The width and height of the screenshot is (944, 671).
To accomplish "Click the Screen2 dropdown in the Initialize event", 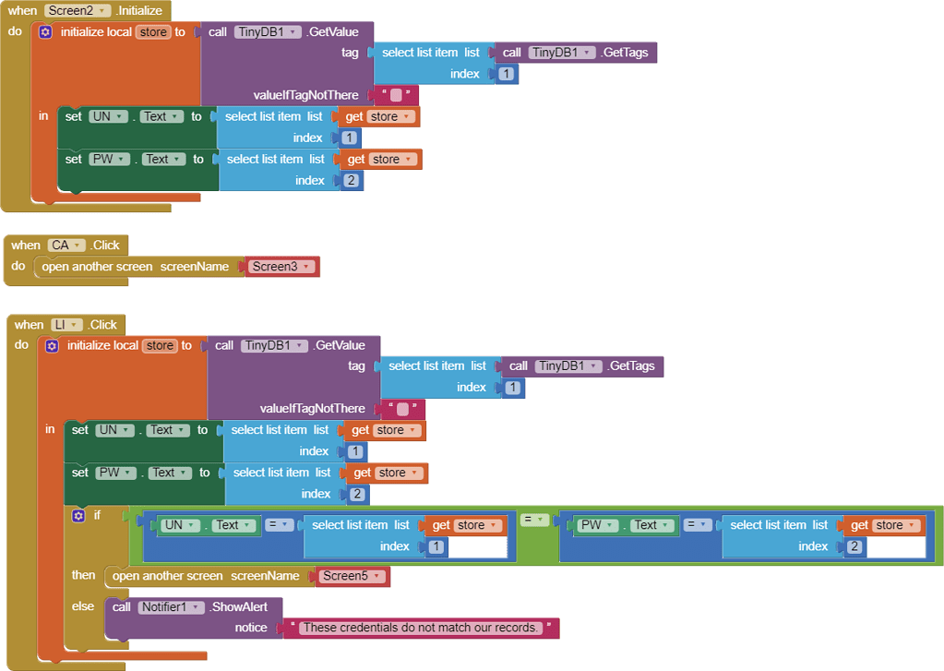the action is tap(78, 11).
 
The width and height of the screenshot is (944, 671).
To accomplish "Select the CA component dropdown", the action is tap(66, 246).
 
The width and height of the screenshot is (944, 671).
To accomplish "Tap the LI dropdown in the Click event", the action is tap(66, 325).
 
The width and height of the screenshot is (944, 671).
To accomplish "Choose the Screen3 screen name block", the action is tap(281, 267).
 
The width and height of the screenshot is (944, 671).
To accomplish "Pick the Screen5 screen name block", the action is tap(353, 576).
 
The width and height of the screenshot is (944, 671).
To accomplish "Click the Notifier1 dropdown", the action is tap(171, 607).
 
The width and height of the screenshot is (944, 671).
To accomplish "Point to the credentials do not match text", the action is tap(420, 628).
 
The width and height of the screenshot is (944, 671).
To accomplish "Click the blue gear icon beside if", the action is tap(78, 516).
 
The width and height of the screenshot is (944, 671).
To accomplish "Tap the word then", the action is tap(83, 575).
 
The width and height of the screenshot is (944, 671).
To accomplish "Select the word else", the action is tap(82, 606).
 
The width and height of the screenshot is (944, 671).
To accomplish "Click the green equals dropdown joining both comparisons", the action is tap(533, 520).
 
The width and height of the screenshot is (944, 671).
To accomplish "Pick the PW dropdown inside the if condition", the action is tap(599, 525).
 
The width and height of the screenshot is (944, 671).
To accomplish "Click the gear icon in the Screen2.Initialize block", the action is tap(45, 32).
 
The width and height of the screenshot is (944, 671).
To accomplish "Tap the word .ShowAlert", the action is tap(238, 607).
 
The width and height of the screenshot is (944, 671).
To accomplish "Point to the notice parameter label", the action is tap(251, 628).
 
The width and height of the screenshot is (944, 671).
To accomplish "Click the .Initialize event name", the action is tap(139, 11).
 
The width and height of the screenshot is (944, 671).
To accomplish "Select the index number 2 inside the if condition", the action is tap(854, 547).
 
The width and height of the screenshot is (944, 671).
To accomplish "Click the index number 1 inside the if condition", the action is tap(436, 547).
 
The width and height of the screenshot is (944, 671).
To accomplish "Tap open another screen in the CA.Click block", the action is tap(97, 267).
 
